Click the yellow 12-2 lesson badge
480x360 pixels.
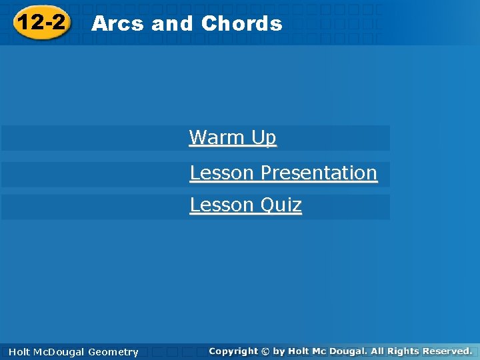click(x=41, y=23)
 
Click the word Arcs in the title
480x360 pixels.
click(x=117, y=24)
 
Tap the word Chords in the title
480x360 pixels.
click(x=241, y=24)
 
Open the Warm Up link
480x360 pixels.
click(x=233, y=138)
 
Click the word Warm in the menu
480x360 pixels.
click(x=217, y=138)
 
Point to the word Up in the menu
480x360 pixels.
click(x=264, y=138)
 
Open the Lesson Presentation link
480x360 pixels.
click(x=283, y=173)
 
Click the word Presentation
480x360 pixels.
click(x=319, y=173)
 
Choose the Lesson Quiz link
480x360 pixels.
click(x=245, y=205)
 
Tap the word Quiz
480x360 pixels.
click(x=281, y=205)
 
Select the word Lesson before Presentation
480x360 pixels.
click(x=222, y=173)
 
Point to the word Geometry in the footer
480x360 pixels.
click(x=113, y=352)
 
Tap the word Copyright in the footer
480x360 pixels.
click(x=233, y=351)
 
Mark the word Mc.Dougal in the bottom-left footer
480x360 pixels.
click(x=58, y=352)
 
